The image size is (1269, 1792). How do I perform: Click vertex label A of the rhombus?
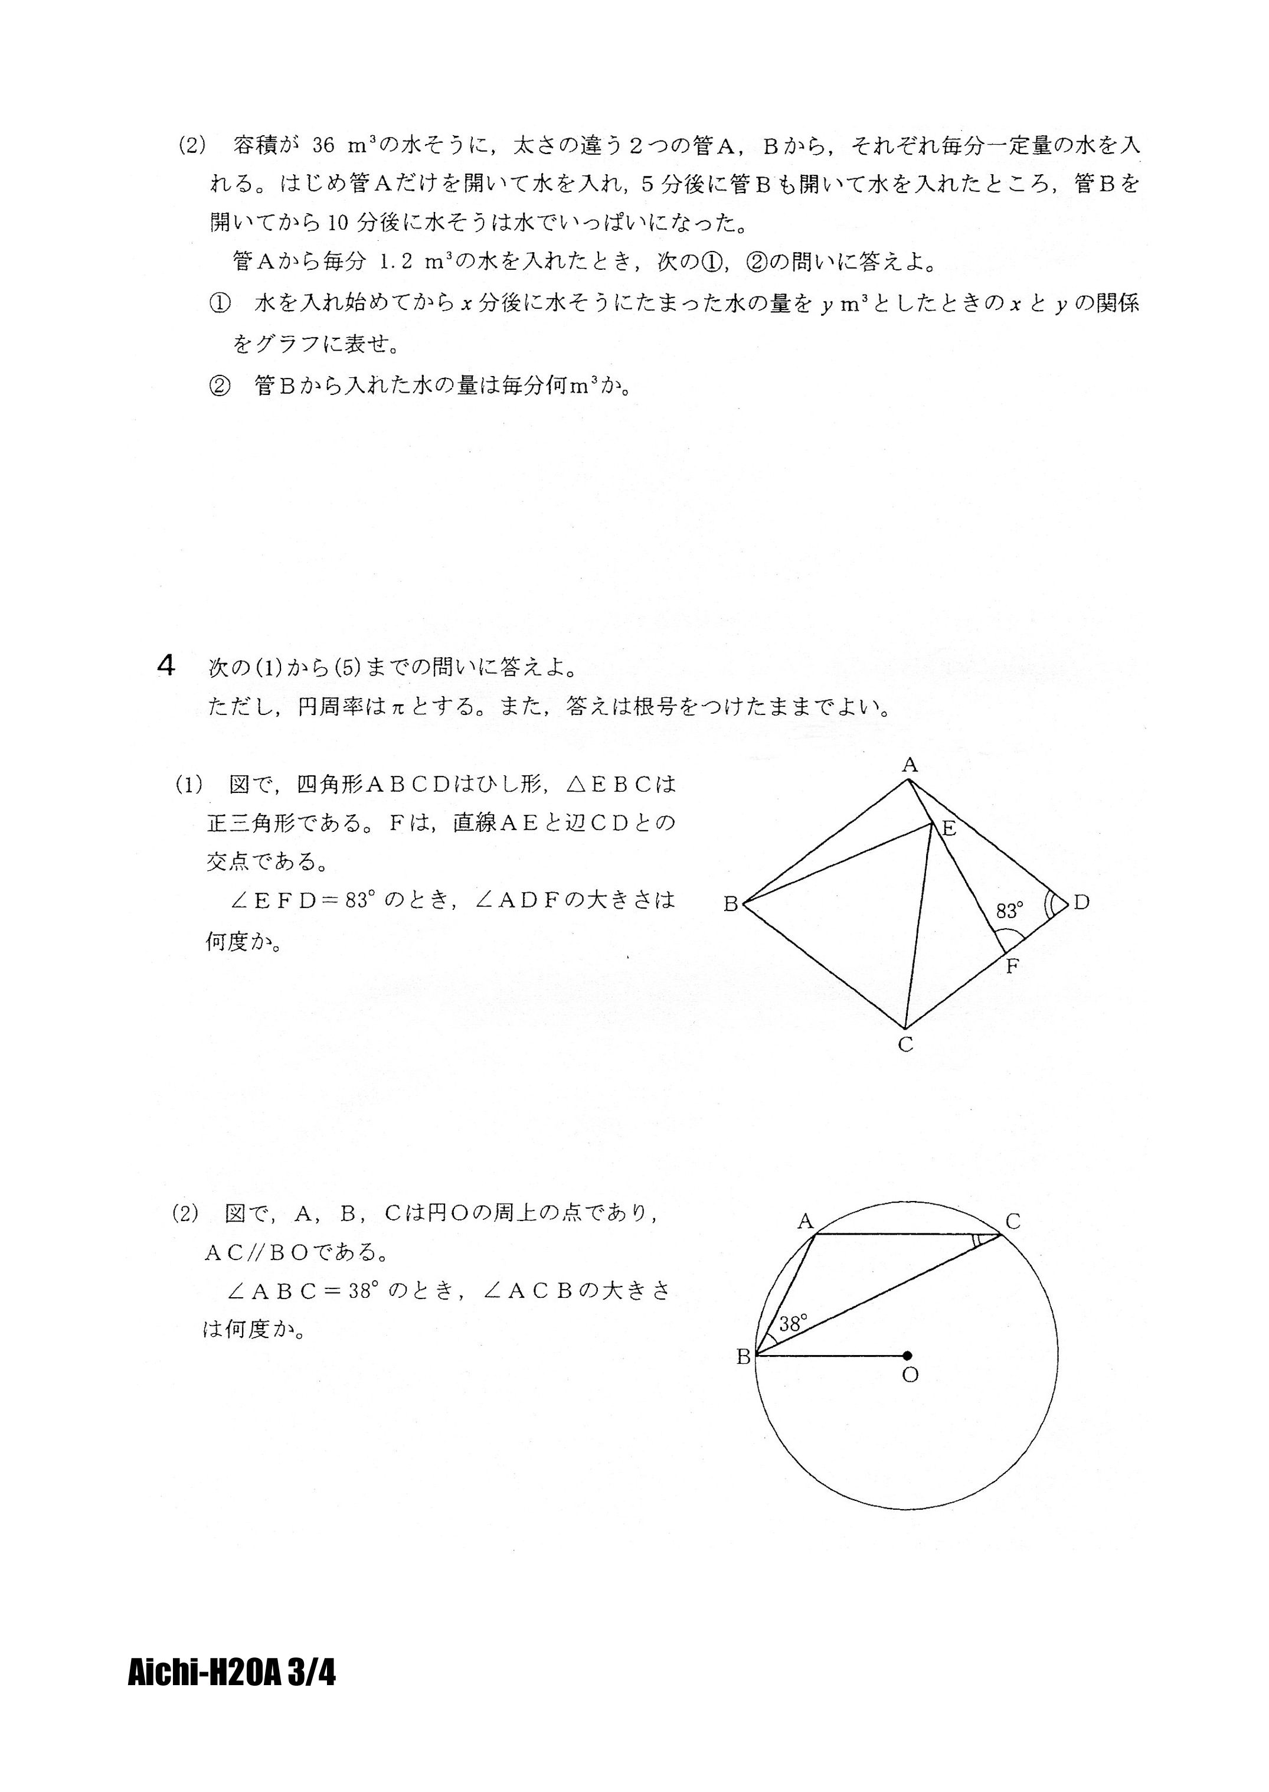coord(909,765)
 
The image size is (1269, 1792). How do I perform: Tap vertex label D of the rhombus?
coord(1081,903)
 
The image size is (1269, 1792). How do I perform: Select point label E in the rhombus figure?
coord(950,829)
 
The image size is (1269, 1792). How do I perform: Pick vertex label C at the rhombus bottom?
coord(905,1045)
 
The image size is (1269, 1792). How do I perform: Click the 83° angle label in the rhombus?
coord(1009,910)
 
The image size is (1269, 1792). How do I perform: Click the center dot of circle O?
coord(907,1356)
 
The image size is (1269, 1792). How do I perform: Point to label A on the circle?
coord(806,1222)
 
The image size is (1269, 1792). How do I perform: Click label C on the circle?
coord(1013,1222)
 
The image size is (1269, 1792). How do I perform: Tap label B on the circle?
coord(743,1357)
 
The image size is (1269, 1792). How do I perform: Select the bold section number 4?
coord(166,667)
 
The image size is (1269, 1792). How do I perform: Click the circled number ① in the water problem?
coord(220,304)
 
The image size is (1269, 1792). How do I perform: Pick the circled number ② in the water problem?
coord(220,386)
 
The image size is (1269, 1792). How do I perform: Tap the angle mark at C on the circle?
coord(979,1242)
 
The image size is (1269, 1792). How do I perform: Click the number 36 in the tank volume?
coord(323,145)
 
